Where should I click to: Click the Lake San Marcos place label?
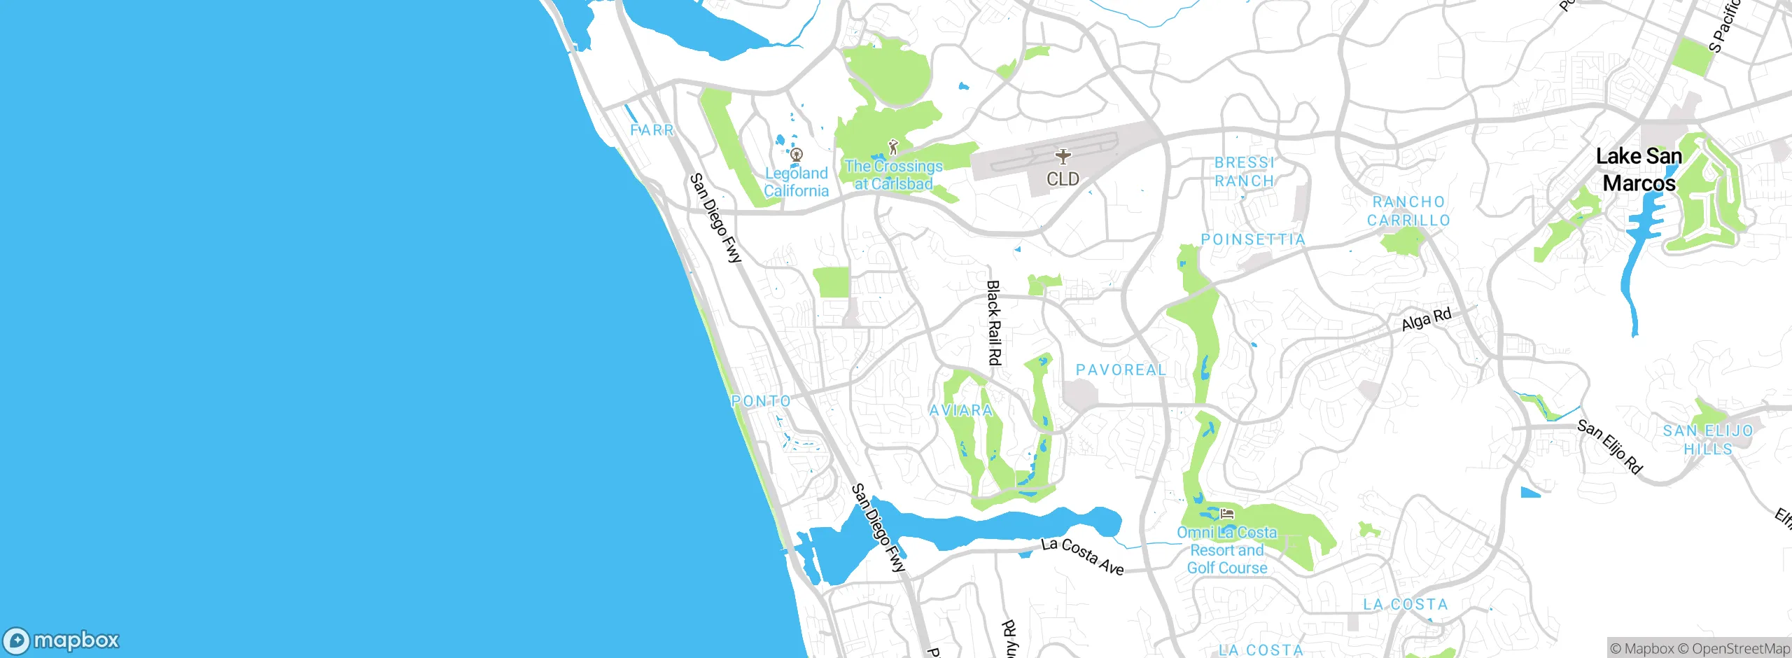pos(1639,169)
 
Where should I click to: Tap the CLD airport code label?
pos(1063,179)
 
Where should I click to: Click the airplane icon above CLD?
pos(1063,156)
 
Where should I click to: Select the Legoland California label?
pos(796,182)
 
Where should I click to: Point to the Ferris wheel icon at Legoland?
pos(796,155)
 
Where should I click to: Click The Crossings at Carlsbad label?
pos(893,175)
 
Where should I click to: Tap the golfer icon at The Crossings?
pos(892,148)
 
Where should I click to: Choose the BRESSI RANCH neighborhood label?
pos(1244,171)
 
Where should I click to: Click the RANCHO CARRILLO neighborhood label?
pos(1408,211)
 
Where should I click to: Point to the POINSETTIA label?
pos(1253,239)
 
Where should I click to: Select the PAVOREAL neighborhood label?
pos(1121,370)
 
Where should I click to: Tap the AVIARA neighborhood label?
pos(960,410)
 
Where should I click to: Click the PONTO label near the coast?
pos(761,401)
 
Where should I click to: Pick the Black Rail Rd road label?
pos(993,323)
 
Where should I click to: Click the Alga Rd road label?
pos(1427,320)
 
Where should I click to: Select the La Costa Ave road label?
pos(1082,556)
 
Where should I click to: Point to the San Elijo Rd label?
pos(1609,447)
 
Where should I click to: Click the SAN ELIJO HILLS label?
pos(1707,440)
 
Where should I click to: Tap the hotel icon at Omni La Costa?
pos(1226,514)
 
